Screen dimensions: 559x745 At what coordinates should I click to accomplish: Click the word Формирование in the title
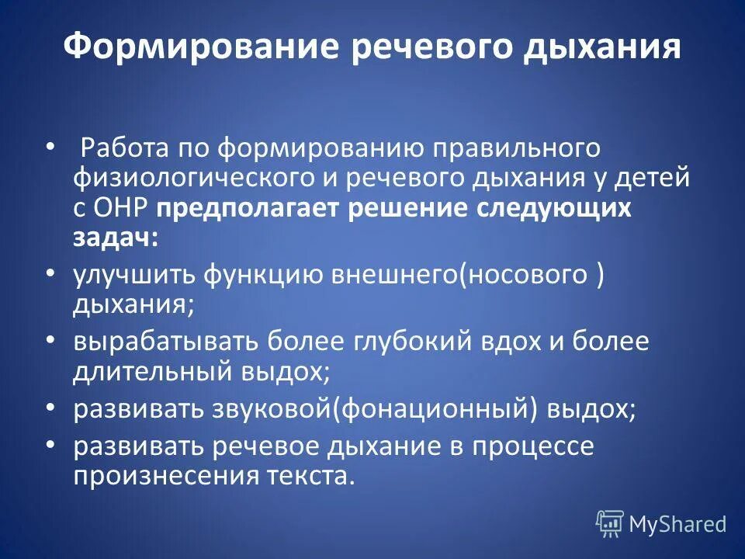coord(191,47)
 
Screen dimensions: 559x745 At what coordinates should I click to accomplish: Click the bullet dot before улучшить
coord(50,274)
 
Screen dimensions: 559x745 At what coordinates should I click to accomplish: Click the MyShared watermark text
coord(677,524)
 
